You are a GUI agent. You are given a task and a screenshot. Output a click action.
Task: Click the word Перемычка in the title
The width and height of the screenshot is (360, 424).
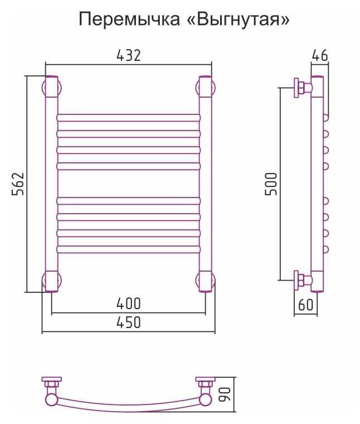129,20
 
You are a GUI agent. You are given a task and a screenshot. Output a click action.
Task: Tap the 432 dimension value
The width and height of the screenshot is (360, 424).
129,56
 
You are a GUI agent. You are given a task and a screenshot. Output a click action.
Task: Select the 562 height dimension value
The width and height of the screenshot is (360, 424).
18,184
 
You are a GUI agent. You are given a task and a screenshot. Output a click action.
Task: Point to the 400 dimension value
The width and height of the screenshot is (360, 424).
129,303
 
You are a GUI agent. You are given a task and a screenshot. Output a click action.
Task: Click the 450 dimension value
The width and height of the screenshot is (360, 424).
129,322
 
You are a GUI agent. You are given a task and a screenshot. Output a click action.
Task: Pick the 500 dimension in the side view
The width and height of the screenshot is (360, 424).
271,184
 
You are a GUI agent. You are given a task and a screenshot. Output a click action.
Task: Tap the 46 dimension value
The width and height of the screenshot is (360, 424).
320,56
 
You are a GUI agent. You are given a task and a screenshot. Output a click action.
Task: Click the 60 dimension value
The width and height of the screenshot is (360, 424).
306,305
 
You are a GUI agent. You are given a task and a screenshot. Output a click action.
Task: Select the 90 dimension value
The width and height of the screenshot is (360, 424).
225,394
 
